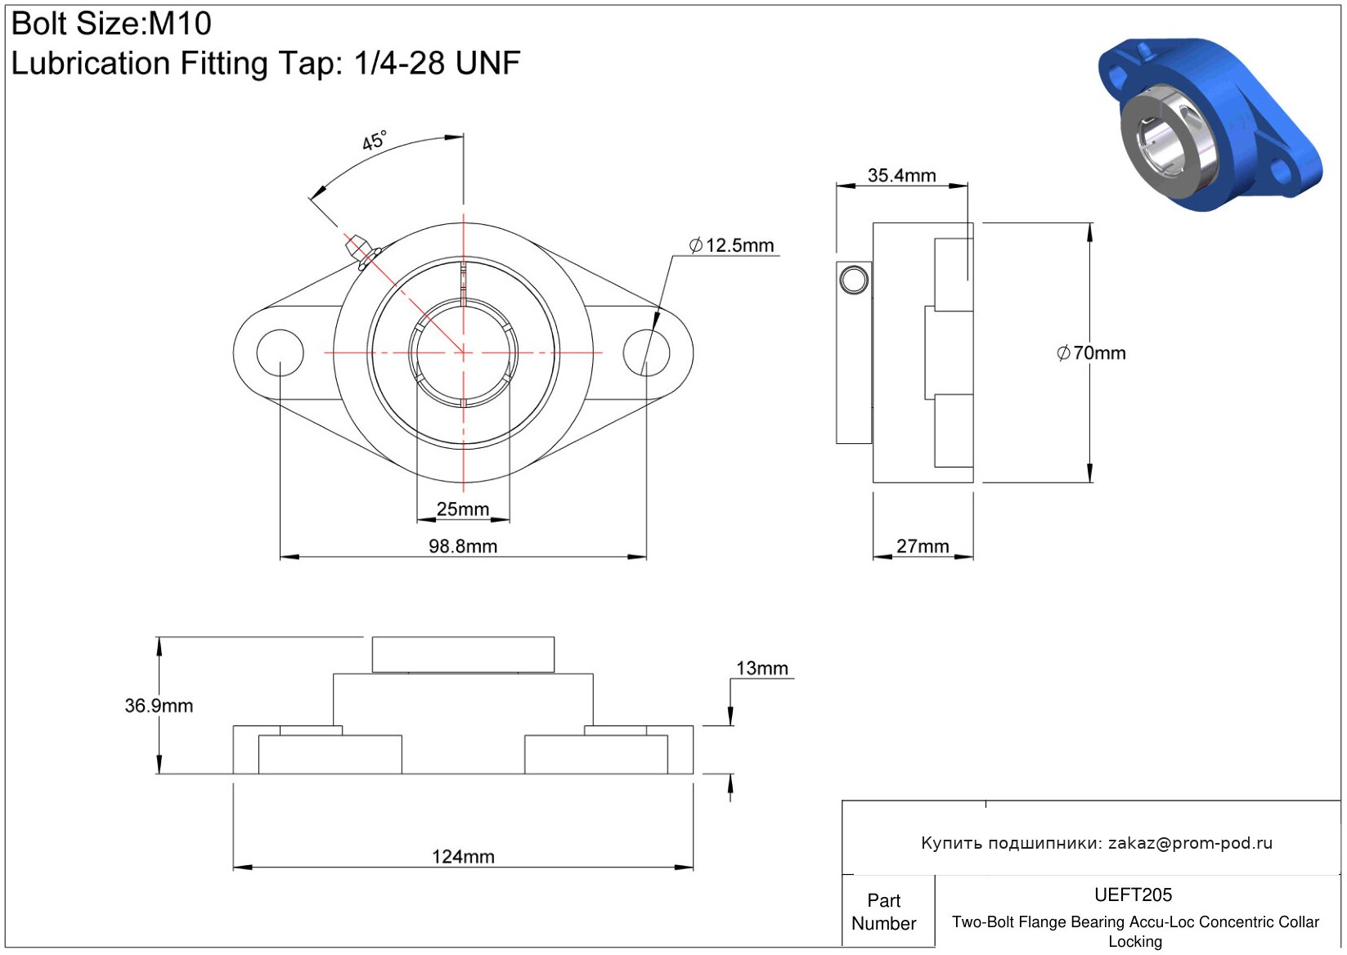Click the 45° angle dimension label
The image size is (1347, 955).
[374, 141]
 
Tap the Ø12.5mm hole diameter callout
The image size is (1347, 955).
[731, 245]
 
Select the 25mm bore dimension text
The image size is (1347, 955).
[462, 509]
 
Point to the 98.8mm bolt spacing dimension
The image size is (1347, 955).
[463, 546]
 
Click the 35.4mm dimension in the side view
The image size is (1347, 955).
[901, 176]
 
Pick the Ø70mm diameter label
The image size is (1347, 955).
[1091, 352]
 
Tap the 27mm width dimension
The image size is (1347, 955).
[923, 546]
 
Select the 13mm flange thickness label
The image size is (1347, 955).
[762, 668]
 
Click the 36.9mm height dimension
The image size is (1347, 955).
[159, 706]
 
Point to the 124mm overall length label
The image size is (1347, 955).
[463, 856]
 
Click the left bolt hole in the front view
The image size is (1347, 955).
[281, 352]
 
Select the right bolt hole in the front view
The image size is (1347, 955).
[646, 352]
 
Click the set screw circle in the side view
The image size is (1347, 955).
[853, 280]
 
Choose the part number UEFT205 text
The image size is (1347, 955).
[1133, 894]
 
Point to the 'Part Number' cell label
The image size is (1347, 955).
[883, 912]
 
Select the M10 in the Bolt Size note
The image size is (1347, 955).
[180, 24]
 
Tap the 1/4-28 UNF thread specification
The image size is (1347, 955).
[438, 62]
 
